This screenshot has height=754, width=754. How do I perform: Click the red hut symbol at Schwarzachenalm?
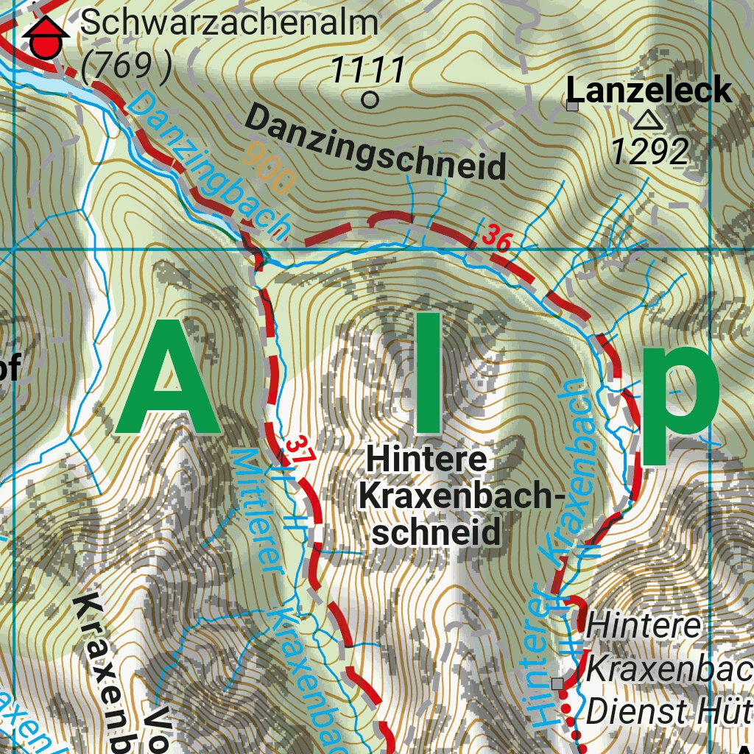coord(46,40)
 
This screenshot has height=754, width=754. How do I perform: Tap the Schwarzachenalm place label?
coord(229,23)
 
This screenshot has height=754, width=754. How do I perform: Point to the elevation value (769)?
coord(126,67)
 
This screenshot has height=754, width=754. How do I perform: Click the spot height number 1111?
coord(367,71)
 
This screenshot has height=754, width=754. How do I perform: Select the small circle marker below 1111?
coord(370,100)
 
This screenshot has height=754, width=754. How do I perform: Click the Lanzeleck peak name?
coord(649,91)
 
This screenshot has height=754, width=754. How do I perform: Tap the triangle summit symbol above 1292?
coord(648,119)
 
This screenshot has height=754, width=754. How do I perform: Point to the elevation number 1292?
coord(649,152)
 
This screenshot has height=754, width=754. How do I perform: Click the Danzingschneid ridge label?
coord(376,142)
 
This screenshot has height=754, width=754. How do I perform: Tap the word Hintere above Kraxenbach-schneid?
coord(427,460)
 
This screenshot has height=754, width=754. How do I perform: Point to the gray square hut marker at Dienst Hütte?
coord(557,684)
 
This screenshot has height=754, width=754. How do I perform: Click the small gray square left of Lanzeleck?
coord(572,106)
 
